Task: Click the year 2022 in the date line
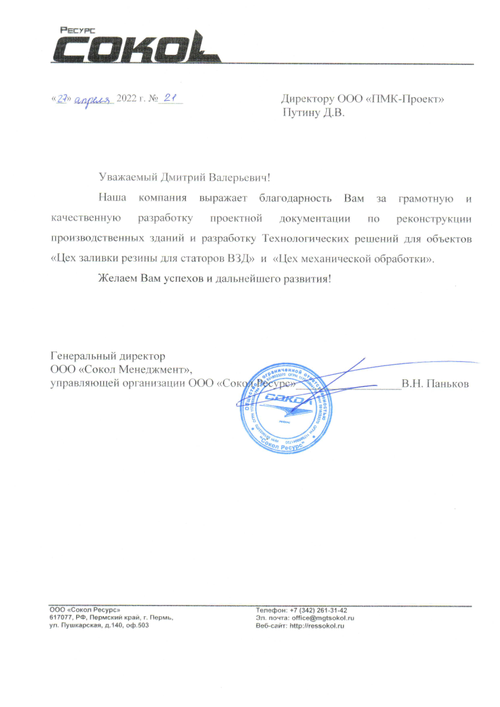tap(127, 100)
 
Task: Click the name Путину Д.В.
tap(314, 113)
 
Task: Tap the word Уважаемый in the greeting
tap(126, 179)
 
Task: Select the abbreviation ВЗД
tap(241, 259)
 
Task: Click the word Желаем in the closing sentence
tap(117, 279)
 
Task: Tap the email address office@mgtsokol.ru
tap(324, 619)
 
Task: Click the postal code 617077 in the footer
tap(60, 619)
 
